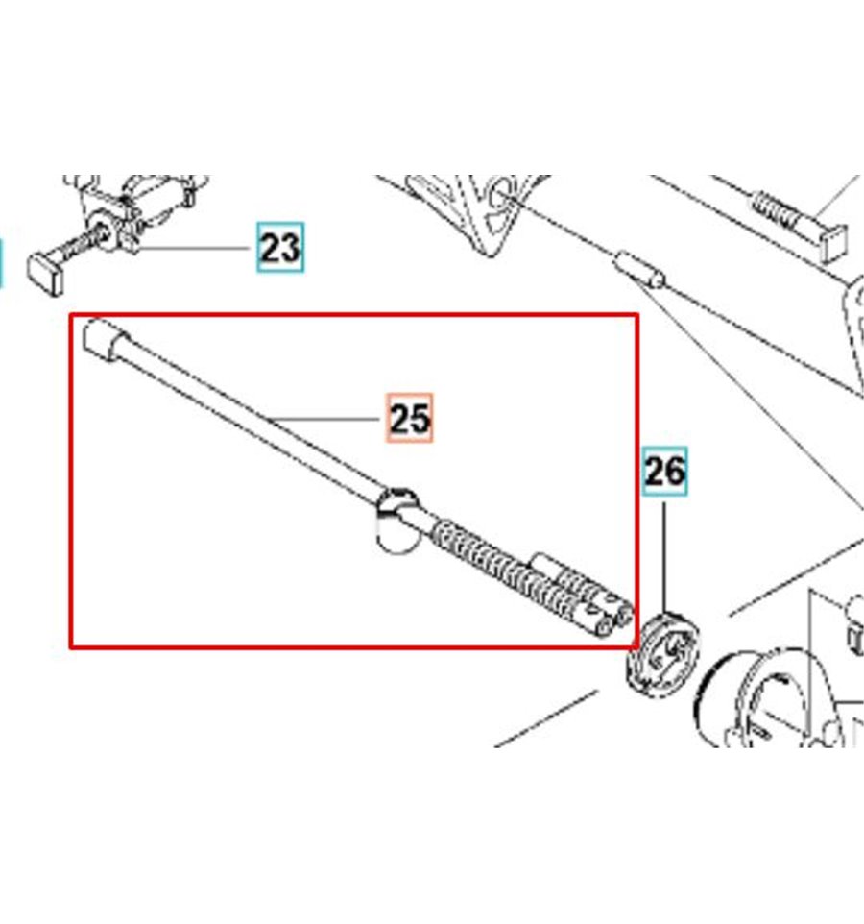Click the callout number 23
280,248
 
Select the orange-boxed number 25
410,418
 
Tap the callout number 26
665,472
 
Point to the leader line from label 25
323,419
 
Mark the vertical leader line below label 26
665,558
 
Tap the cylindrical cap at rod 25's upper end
105,338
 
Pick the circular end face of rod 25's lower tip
603,627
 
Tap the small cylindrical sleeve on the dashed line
639,269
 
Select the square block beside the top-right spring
832,242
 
